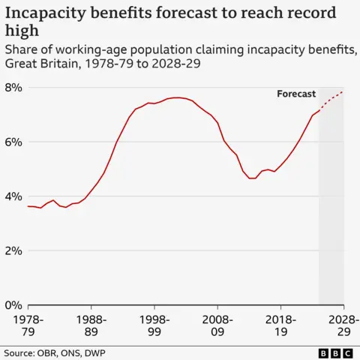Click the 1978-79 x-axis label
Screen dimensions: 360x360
click(28, 324)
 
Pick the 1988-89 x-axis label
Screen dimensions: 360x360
click(91, 324)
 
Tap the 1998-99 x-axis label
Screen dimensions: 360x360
click(154, 324)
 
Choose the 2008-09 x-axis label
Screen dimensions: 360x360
click(217, 324)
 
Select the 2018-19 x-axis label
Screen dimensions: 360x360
click(280, 324)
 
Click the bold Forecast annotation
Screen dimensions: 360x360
click(296, 94)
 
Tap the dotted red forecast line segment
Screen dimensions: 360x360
click(332, 99)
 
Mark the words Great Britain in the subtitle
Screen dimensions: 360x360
click(37, 64)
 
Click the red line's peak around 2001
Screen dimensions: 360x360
click(175, 97)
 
